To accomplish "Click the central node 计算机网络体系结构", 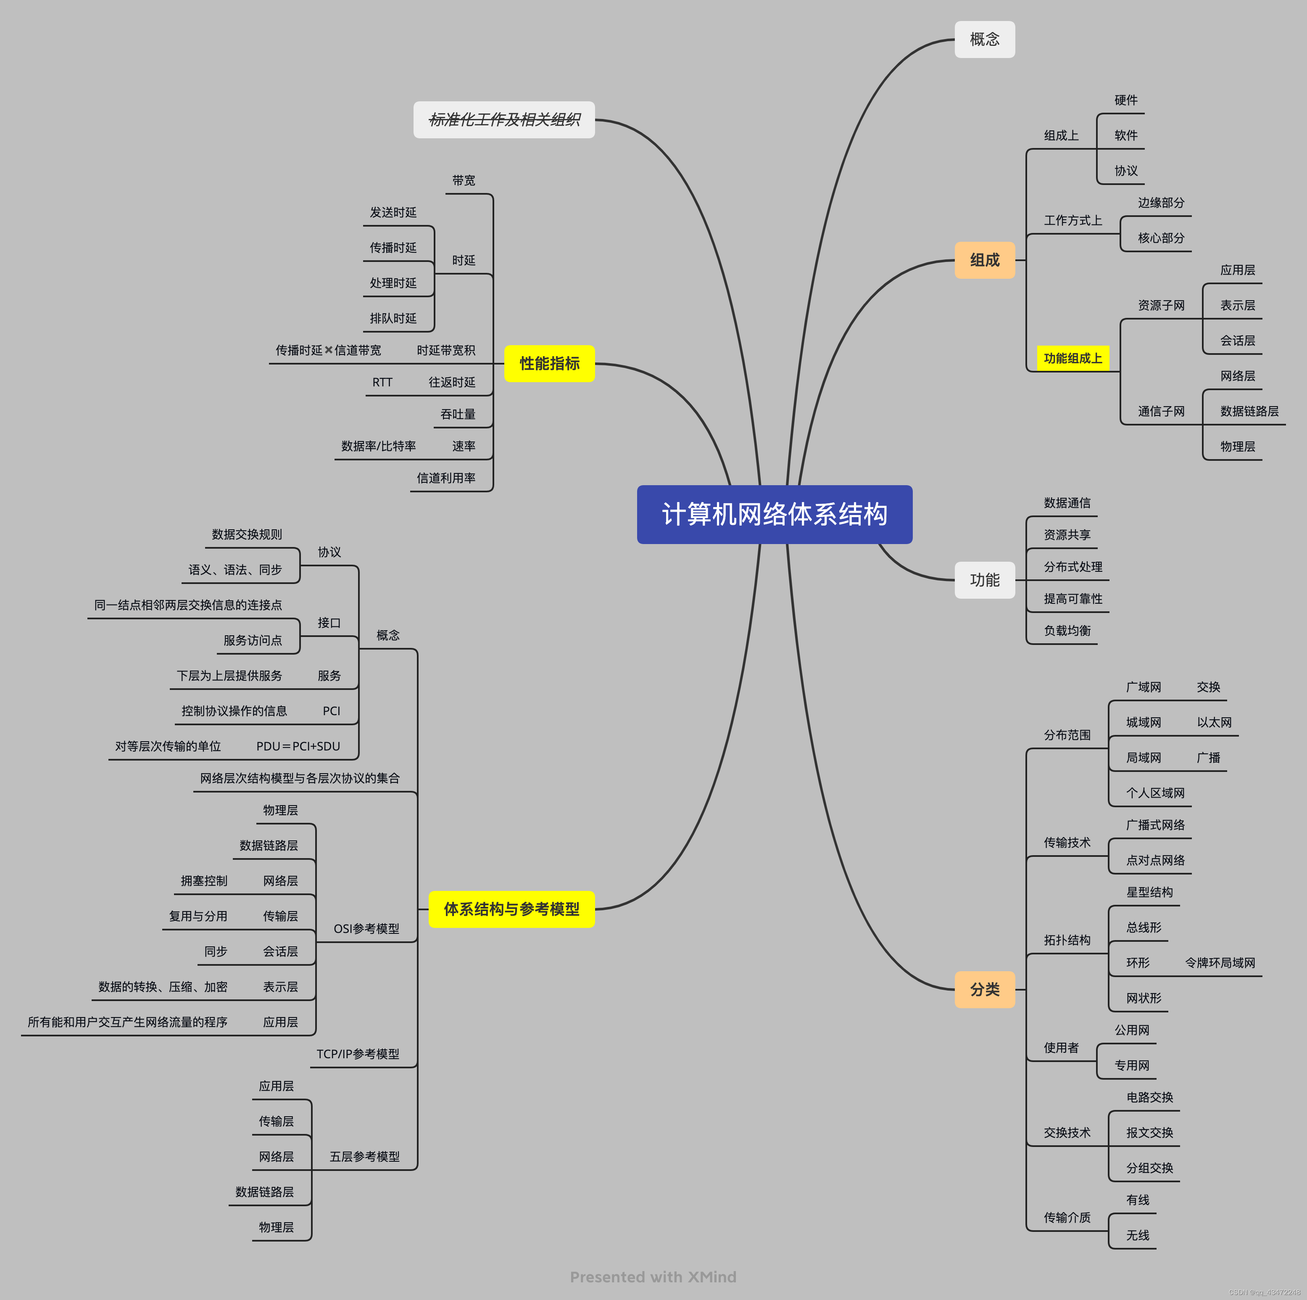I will [x=774, y=514].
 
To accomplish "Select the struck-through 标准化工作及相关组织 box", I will [x=504, y=120].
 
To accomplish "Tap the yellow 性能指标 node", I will [x=549, y=363].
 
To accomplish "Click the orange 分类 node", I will [x=984, y=989].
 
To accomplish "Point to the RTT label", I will [x=382, y=382].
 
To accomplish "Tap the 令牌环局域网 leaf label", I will [x=1220, y=962].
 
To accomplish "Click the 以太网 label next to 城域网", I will [x=1214, y=722].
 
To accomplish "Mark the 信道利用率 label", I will [x=446, y=478].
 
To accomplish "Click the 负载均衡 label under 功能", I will [x=1067, y=631].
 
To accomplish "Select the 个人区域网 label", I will [x=1155, y=793].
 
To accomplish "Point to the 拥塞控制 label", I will [x=204, y=880].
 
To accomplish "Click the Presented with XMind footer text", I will [x=653, y=1277].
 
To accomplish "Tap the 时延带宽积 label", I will [x=446, y=350].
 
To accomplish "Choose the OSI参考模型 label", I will [x=366, y=928].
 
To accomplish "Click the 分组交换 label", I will [x=1149, y=1168].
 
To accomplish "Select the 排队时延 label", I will [x=393, y=318].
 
